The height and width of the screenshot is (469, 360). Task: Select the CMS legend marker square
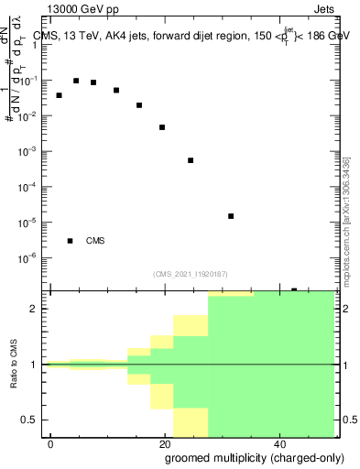pyautogui.click(x=71, y=241)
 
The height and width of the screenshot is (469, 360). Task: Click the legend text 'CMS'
pyautogui.click(x=95, y=241)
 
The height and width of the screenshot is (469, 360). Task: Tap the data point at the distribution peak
pyautogui.click(x=76, y=81)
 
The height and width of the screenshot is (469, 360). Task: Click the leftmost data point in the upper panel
pyautogui.click(x=59, y=95)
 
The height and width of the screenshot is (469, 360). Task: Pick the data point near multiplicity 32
pyautogui.click(x=231, y=216)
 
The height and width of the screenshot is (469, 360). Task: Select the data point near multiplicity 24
pyautogui.click(x=191, y=160)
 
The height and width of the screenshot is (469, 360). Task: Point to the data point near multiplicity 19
pyautogui.click(x=162, y=127)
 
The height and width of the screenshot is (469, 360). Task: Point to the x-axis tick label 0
pyautogui.click(x=51, y=443)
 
